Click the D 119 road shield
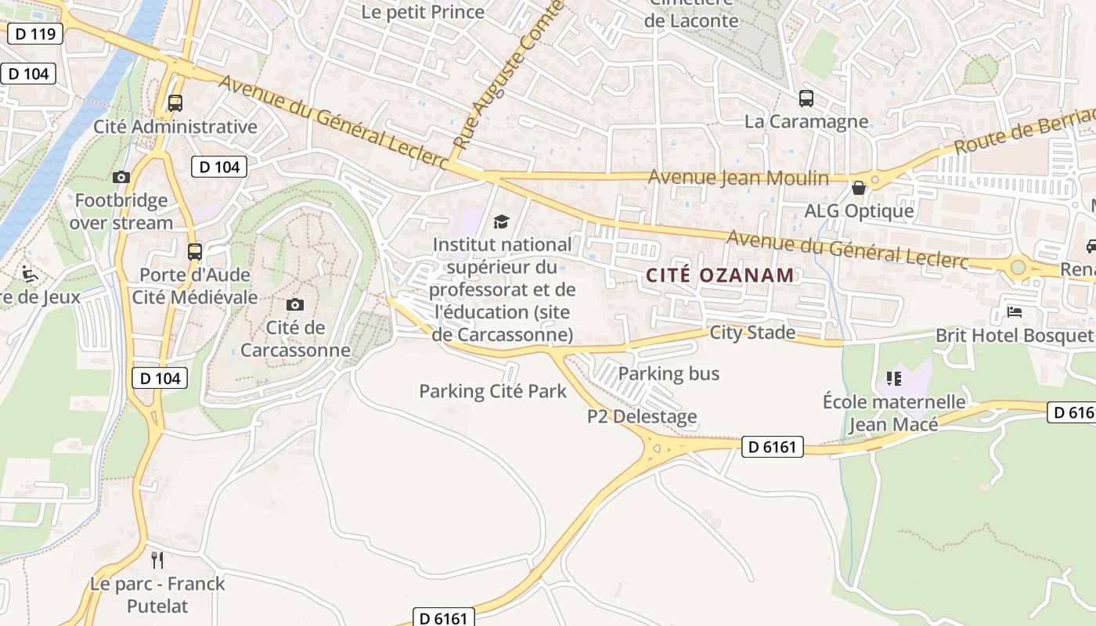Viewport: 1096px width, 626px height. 34,34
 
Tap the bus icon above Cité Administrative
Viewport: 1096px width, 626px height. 175,103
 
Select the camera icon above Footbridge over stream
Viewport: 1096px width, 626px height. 121,178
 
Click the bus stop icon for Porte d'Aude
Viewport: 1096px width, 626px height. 195,252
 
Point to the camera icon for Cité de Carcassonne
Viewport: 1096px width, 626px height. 295,304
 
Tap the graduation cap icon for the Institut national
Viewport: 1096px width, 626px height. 501,222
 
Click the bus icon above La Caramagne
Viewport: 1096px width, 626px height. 806,99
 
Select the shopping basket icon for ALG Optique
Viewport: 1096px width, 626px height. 859,188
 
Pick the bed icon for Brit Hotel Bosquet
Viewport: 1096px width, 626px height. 1015,312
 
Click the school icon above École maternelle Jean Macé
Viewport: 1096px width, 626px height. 894,379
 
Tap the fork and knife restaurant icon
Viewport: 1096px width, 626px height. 157,559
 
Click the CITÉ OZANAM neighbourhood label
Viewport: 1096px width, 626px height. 720,275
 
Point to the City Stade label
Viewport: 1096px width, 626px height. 752,333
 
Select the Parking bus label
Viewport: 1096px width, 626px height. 669,374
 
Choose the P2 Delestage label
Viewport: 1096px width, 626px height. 642,416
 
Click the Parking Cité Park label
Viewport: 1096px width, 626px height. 492,391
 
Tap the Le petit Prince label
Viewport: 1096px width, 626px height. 423,12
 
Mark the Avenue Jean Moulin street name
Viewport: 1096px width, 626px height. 738,178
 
